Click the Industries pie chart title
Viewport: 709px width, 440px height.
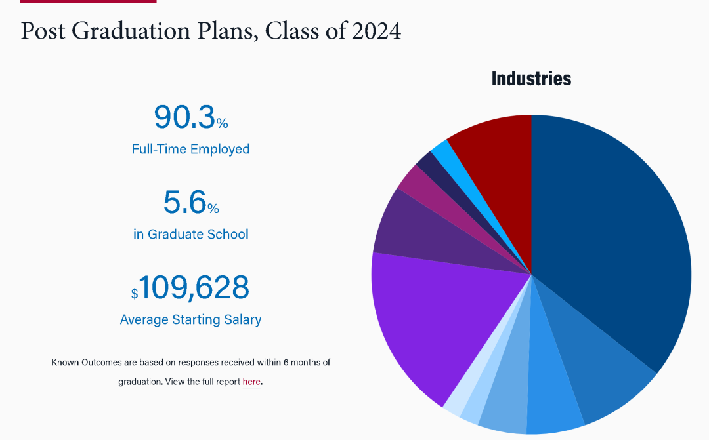coord(531,79)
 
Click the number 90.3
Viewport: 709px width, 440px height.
coord(184,117)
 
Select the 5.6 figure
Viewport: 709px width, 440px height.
coord(184,202)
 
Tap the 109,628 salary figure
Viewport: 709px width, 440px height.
coord(194,288)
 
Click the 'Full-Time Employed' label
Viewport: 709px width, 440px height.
coord(190,149)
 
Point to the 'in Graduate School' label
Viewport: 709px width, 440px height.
coord(190,234)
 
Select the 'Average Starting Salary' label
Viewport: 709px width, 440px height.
coord(190,320)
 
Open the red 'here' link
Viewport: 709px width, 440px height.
coord(251,382)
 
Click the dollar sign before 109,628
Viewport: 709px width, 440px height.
coord(134,294)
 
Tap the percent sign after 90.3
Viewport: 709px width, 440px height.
coord(223,123)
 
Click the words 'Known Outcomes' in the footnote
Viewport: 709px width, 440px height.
coord(79,362)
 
